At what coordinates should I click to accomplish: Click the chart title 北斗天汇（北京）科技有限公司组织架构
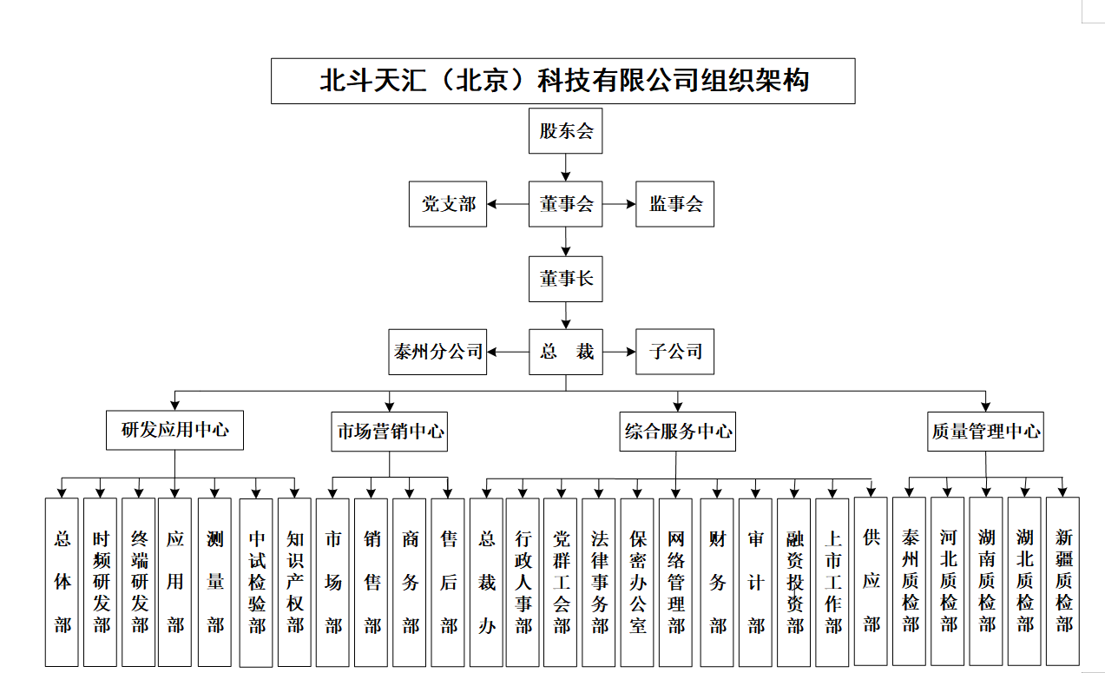pyautogui.click(x=562, y=82)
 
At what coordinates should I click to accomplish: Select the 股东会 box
pyautogui.click(x=565, y=132)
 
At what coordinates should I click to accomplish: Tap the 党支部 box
pyautogui.click(x=448, y=205)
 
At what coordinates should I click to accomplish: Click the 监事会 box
pyautogui.click(x=674, y=205)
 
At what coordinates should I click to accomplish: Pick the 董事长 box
pyautogui.click(x=565, y=279)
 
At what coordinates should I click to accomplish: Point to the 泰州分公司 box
pyautogui.click(x=437, y=352)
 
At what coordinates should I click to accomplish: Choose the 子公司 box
pyautogui.click(x=674, y=352)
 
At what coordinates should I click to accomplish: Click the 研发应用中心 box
pyautogui.click(x=174, y=430)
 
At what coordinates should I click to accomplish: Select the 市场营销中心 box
pyautogui.click(x=389, y=431)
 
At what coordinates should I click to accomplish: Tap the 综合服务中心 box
pyautogui.click(x=678, y=431)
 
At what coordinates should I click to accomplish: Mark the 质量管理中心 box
pyautogui.click(x=985, y=431)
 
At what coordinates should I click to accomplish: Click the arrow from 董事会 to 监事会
pyautogui.click(x=619, y=205)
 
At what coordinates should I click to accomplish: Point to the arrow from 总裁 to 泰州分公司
pyautogui.click(x=508, y=352)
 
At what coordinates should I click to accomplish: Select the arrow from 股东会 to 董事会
pyautogui.click(x=566, y=167)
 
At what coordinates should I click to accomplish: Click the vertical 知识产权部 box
pyautogui.click(x=295, y=582)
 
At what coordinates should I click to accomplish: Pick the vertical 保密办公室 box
pyautogui.click(x=639, y=582)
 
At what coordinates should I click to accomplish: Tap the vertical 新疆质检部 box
pyautogui.click(x=1063, y=582)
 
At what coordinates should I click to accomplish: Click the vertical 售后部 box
pyautogui.click(x=449, y=582)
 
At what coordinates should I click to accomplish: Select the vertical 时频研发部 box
pyautogui.click(x=101, y=582)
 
